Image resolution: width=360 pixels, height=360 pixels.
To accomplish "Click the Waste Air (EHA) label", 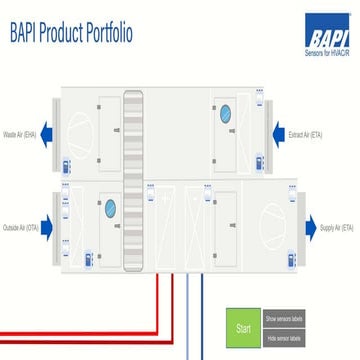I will coord(19,133).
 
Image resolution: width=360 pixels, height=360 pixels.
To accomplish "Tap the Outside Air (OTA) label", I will coord(20,228).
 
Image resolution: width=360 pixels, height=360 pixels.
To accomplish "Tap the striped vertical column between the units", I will coord(133,180).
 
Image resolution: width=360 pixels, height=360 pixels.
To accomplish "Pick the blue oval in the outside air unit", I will coord(111,208).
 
